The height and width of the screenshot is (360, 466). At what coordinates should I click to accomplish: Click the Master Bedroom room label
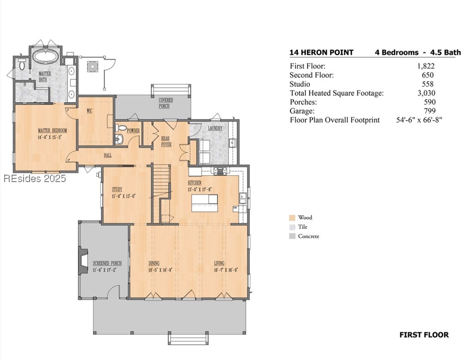52,130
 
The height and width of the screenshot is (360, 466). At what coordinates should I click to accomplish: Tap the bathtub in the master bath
45,56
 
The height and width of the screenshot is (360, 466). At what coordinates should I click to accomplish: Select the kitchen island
204,203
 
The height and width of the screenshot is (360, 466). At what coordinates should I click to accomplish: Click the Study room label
117,189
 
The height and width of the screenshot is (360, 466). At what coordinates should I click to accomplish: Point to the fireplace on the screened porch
83,261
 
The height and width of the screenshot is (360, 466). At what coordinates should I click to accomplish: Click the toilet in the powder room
121,128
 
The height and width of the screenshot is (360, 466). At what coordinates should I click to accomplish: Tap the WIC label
90,111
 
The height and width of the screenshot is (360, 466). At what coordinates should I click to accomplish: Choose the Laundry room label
215,128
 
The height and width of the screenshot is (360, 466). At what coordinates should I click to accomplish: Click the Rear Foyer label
166,141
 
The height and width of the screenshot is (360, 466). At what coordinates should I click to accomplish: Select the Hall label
108,155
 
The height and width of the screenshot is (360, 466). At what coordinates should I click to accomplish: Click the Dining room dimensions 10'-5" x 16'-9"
160,270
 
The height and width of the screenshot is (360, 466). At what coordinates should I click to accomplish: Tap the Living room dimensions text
226,270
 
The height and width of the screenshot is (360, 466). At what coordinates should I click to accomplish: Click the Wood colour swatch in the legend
292,218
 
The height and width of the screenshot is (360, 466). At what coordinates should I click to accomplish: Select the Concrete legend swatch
292,237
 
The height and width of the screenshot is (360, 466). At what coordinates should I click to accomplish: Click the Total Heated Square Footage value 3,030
426,93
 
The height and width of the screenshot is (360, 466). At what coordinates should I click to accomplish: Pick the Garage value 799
430,111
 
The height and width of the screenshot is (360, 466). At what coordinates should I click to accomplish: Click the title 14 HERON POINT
322,53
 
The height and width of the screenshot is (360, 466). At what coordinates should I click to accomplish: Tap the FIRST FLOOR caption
424,335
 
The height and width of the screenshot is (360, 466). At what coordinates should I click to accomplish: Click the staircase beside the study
162,193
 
